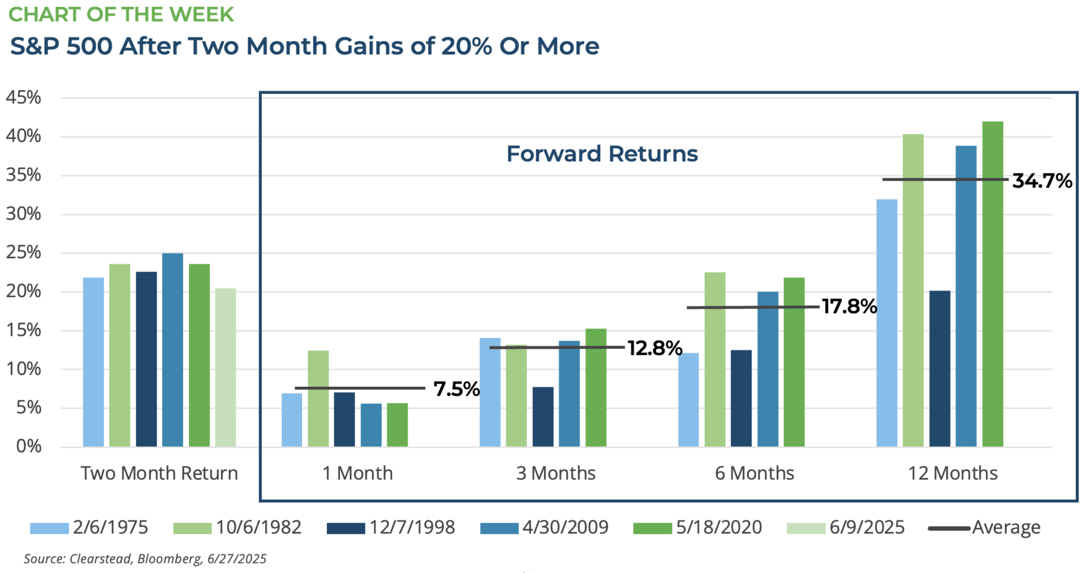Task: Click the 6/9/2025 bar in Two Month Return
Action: click(x=226, y=367)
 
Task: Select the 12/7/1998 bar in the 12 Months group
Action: click(x=940, y=369)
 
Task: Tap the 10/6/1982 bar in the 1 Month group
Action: click(x=318, y=399)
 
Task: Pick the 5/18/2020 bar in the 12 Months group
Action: click(x=993, y=284)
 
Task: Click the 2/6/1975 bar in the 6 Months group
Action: click(x=688, y=400)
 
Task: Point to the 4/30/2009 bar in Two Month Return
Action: click(x=173, y=350)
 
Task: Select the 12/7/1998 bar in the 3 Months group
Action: click(x=543, y=417)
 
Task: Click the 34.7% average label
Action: click(x=1042, y=181)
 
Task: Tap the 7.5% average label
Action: click(x=456, y=389)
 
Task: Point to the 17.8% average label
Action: click(x=849, y=306)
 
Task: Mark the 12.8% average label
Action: click(x=655, y=348)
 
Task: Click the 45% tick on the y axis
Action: click(x=24, y=97)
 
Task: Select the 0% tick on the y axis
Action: click(x=29, y=446)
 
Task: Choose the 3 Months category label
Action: click(x=556, y=473)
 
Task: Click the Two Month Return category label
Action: click(x=160, y=473)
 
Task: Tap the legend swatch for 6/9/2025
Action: click(x=806, y=528)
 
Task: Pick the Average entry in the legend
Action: click(x=984, y=528)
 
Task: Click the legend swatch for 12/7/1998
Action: click(x=346, y=528)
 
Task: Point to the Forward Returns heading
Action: click(x=602, y=154)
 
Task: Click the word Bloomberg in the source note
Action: click(x=169, y=559)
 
